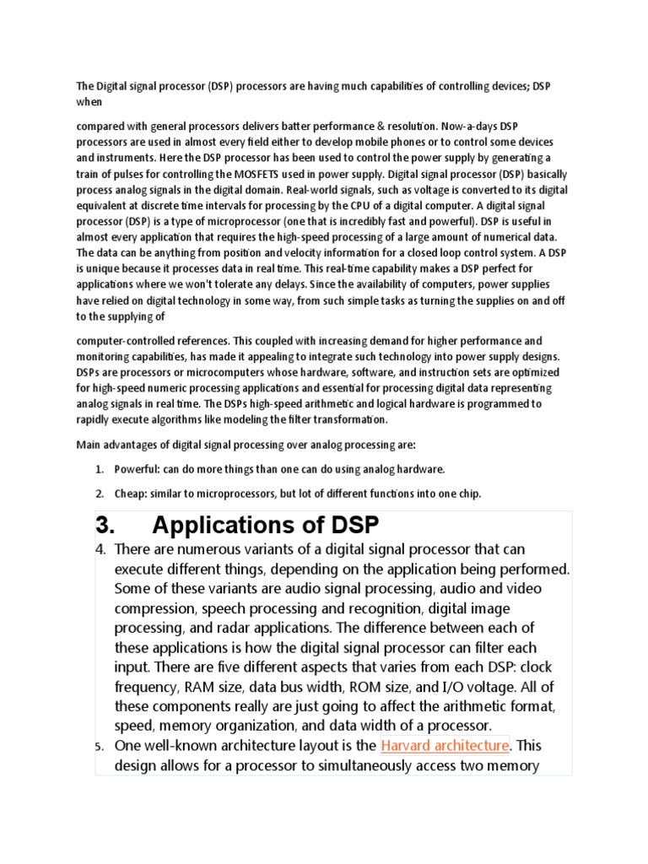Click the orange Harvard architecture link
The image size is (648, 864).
[x=445, y=745]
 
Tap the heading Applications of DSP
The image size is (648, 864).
[x=266, y=525]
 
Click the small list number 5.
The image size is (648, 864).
[x=99, y=746]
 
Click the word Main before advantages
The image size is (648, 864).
[x=89, y=444]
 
